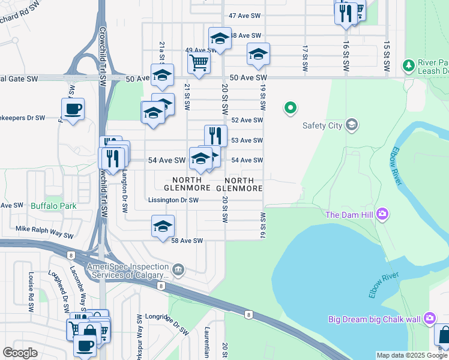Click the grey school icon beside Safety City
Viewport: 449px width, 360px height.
pyautogui.click(x=352, y=125)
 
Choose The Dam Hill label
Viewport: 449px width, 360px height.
pyautogui.click(x=350, y=215)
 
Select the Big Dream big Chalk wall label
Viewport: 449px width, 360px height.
pyautogui.click(x=374, y=319)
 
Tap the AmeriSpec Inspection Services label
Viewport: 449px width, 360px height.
pyautogui.click(x=125, y=271)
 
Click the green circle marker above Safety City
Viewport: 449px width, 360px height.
pyautogui.click(x=291, y=108)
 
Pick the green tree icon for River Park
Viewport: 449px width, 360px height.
pyautogui.click(x=409, y=64)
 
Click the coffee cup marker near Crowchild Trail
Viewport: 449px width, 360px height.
pyautogui.click(x=73, y=109)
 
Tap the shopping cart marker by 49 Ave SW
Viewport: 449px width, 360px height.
pyautogui.click(x=199, y=61)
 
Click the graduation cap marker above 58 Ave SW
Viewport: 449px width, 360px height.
pyautogui.click(x=163, y=226)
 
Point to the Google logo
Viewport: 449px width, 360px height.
pyautogui.click(x=20, y=353)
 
